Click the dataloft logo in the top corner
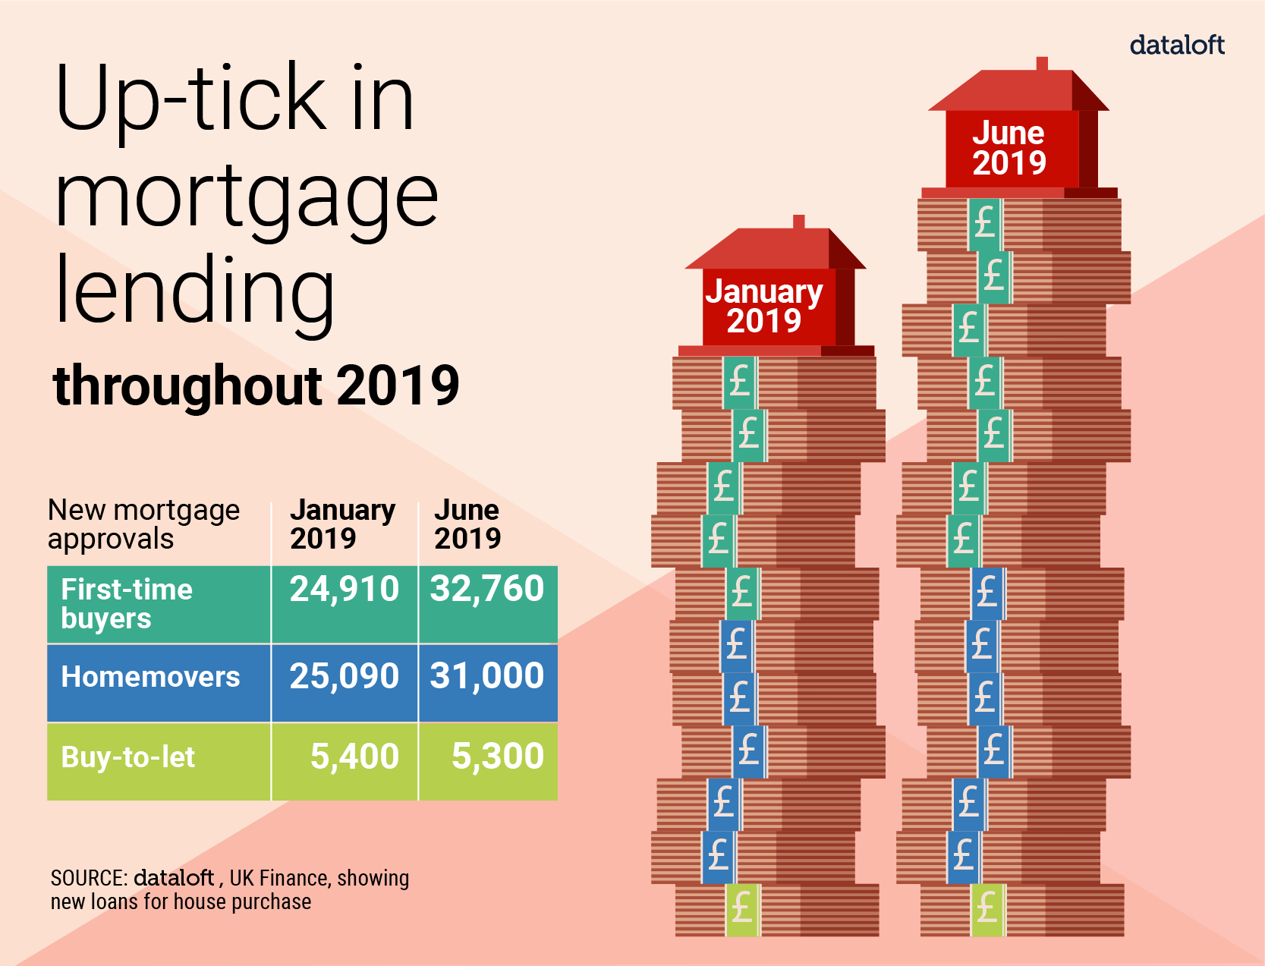pos(1176,46)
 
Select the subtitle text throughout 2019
pos(256,385)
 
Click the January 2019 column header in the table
pos(342,524)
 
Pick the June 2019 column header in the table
pos(467,524)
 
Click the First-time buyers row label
pos(126,603)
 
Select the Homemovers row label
pos(150,677)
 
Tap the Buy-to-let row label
pos(127,757)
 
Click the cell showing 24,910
pos(344,590)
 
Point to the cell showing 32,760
pos(486,590)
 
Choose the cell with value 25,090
pos(344,676)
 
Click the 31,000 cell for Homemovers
pos(486,676)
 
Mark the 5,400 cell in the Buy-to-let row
pos(354,757)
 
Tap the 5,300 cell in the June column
pos(497,757)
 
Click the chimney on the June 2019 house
pos(1042,64)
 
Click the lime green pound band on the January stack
pos(741,909)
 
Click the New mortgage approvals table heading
pos(143,524)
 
